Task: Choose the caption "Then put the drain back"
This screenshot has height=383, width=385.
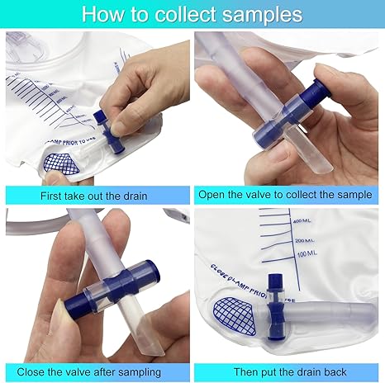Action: (288, 372)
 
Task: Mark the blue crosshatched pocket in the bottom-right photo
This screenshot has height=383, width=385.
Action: (233, 311)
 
